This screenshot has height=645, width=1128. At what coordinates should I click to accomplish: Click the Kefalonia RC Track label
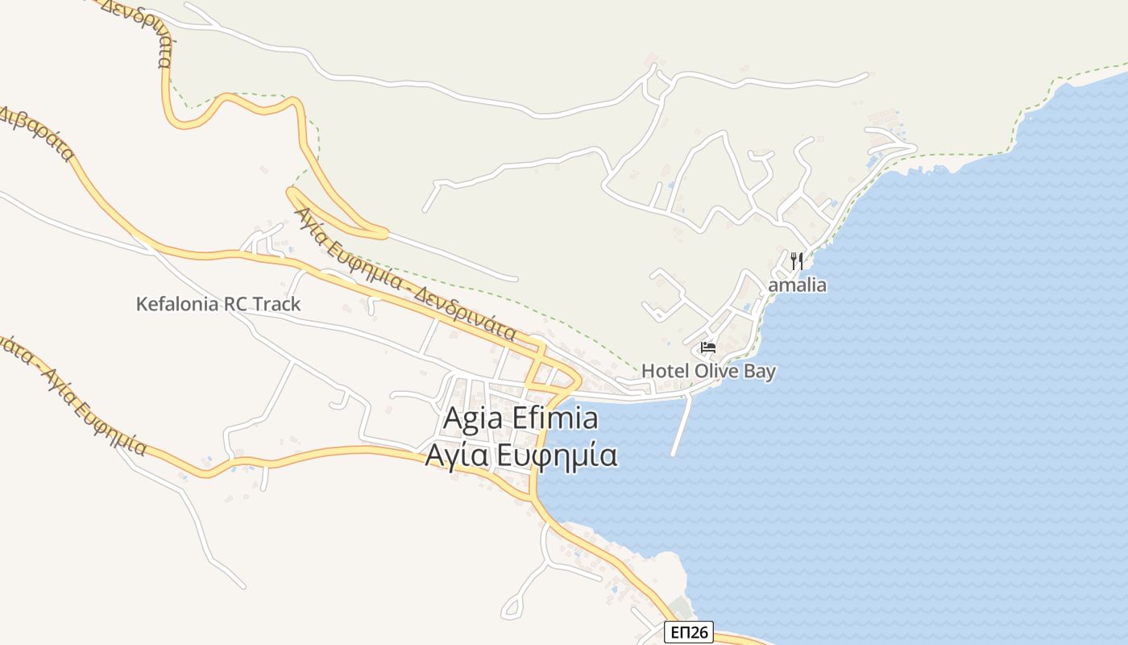(218, 304)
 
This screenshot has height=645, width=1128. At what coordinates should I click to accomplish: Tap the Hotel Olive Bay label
(708, 371)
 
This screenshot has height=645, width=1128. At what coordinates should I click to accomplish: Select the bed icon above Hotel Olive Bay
(708, 347)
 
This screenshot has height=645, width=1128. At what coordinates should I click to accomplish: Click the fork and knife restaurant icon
(797, 260)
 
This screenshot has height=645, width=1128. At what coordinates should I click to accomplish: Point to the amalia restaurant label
(797, 285)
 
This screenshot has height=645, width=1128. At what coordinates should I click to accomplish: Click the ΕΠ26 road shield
(689, 632)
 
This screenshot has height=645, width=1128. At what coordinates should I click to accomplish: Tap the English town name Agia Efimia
(520, 419)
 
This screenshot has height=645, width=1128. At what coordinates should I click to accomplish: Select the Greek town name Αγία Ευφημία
(520, 456)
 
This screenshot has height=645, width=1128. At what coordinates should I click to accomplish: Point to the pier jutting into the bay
(681, 427)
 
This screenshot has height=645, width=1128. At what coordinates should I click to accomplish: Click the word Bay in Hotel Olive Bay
(760, 371)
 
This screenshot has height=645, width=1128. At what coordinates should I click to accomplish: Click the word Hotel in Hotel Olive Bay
(661, 371)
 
